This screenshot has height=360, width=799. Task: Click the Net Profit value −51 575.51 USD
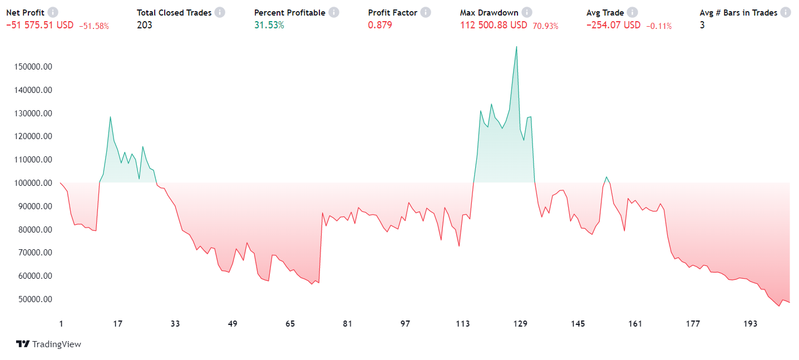[40, 25]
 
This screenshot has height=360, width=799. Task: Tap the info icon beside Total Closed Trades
[220, 12]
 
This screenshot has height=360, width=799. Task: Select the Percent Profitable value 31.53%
[269, 25]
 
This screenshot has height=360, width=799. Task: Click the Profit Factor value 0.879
[380, 25]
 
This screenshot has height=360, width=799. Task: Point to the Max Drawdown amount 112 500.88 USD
[494, 25]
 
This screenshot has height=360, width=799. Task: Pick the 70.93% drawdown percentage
[545, 26]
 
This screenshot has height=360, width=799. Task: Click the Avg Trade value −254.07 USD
[613, 25]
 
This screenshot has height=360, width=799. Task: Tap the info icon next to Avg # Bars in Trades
[786, 12]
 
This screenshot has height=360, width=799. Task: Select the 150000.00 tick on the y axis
[32, 67]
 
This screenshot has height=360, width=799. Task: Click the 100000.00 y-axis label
[32, 183]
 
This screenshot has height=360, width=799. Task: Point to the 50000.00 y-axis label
[32, 299]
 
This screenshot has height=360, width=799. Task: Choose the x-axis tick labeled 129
[520, 324]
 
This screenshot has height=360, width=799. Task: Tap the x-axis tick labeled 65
[290, 324]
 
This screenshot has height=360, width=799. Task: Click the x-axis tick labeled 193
[750, 324]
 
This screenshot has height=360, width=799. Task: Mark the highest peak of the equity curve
[516, 46]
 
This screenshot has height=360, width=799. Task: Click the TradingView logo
[48, 344]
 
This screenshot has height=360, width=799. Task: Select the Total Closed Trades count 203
[145, 25]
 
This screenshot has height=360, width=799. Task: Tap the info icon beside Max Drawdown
[527, 12]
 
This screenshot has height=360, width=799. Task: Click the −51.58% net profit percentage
[94, 26]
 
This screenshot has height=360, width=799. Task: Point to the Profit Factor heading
[393, 12]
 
